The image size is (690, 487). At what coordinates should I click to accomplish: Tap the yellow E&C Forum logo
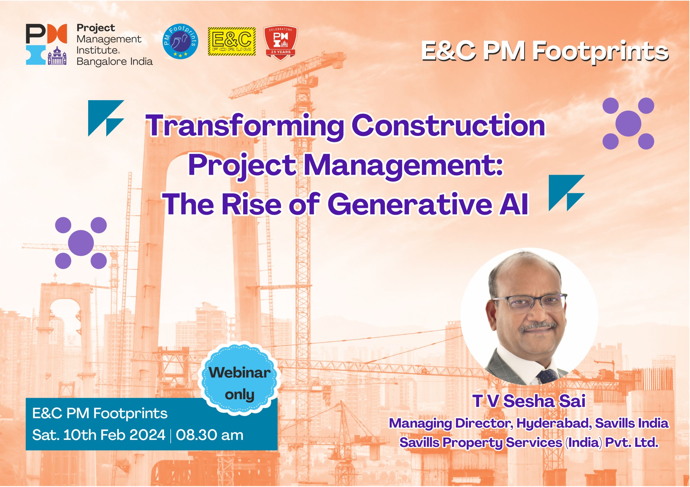tap(232, 41)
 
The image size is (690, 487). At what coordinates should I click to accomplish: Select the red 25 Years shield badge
tap(280, 43)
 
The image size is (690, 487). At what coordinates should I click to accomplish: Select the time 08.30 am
tap(209, 435)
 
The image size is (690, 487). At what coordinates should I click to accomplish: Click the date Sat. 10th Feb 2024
tap(99, 435)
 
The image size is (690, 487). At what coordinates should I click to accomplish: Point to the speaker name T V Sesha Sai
tap(529, 401)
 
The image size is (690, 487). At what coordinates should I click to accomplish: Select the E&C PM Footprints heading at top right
tap(544, 52)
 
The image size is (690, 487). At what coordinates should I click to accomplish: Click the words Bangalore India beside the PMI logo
tap(115, 62)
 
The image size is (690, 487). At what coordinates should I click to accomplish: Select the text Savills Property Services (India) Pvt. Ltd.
tap(529, 443)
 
